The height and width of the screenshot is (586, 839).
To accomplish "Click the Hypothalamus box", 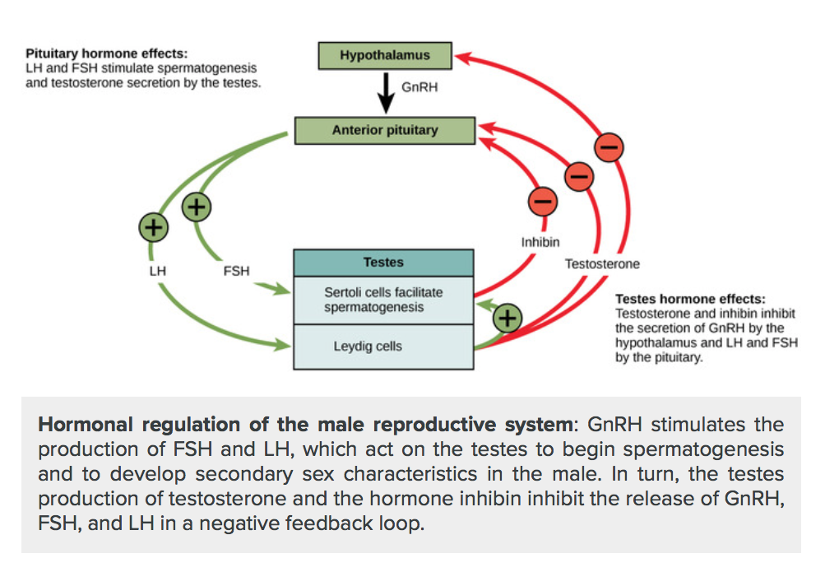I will tap(385, 56).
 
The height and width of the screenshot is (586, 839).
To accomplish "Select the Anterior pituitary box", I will tap(385, 130).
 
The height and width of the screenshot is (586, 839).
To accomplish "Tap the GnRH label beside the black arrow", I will tap(419, 87).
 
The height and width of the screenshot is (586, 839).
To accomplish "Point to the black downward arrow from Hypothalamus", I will tap(385, 92).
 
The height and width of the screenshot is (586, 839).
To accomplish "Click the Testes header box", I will tap(383, 263).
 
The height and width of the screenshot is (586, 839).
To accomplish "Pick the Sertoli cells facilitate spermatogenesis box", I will tap(383, 300).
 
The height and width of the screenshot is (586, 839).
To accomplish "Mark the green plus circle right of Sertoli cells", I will tap(508, 318).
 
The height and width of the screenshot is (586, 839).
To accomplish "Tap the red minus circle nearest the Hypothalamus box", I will tap(610, 147).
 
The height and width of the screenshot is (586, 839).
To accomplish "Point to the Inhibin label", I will tap(540, 243).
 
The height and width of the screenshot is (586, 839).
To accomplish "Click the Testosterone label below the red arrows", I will tap(601, 264).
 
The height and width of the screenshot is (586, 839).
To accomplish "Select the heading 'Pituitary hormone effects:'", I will tap(106, 53).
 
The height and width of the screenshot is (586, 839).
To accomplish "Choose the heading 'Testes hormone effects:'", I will tap(690, 300).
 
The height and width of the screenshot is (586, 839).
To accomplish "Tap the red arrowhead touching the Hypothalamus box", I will tap(463, 57).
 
